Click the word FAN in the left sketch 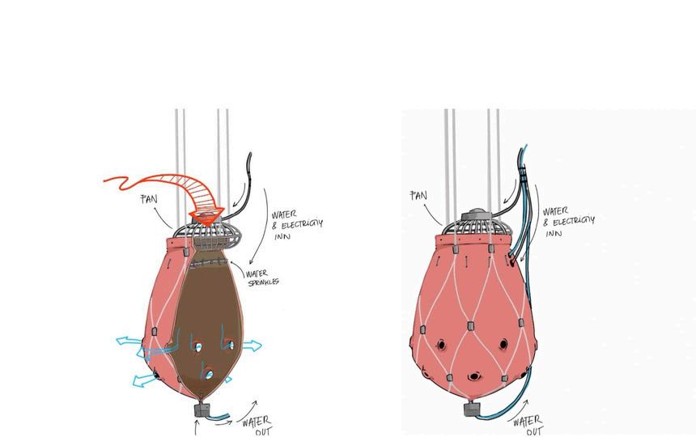[x=148, y=198]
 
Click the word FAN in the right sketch [x=418, y=195]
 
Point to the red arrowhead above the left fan [x=207, y=216]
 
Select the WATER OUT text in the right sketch [x=526, y=424]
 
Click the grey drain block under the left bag [x=202, y=410]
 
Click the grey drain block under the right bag [x=472, y=409]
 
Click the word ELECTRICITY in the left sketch [x=296, y=224]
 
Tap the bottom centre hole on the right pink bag [x=473, y=376]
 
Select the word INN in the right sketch [x=554, y=233]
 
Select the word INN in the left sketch [x=282, y=237]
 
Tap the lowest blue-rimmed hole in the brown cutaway [x=208, y=373]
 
